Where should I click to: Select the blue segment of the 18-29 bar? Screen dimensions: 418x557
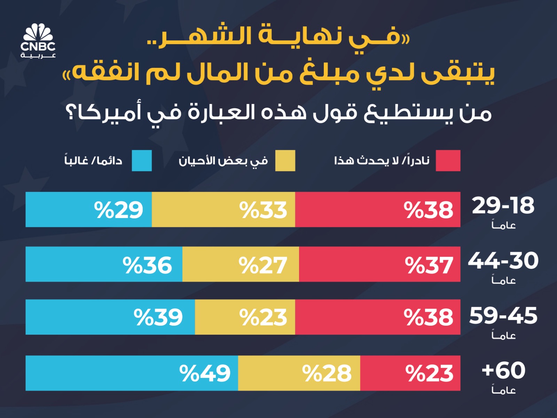[x=89, y=209]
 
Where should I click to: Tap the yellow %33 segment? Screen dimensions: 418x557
[x=223, y=209]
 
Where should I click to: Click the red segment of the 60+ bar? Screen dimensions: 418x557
[x=410, y=373]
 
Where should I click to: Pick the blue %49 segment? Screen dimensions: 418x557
[x=132, y=373]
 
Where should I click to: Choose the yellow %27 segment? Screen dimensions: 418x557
[x=241, y=264]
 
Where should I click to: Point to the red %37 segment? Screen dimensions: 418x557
[x=379, y=264]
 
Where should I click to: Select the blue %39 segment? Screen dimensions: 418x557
[x=110, y=317]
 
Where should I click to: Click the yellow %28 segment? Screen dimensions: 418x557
[x=299, y=373]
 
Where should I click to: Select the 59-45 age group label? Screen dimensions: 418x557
[x=503, y=316]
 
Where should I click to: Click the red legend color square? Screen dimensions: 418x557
[x=448, y=161]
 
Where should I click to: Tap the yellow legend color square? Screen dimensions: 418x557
[x=285, y=161]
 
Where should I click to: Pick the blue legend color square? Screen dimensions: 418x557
[x=142, y=161]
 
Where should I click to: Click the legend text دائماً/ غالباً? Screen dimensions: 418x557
[x=93, y=161]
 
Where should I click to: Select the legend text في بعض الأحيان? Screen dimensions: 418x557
[x=223, y=161]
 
